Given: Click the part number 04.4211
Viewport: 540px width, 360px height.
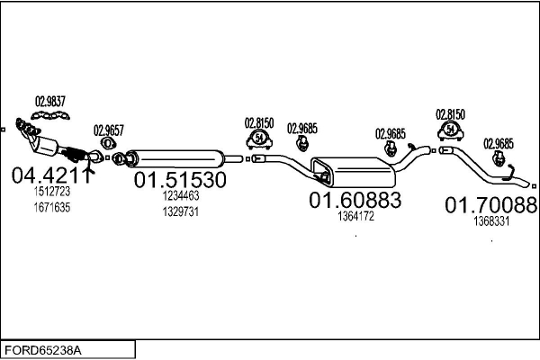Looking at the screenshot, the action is coord(52,175).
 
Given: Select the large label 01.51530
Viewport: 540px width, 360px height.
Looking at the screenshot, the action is coord(180,180).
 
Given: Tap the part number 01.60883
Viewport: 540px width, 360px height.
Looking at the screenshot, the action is coord(355,200).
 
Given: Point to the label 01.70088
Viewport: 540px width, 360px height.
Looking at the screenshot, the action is coord(491,205).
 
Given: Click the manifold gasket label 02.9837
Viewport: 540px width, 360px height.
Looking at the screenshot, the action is coord(50,102).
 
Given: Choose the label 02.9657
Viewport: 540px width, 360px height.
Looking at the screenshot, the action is coord(109,130).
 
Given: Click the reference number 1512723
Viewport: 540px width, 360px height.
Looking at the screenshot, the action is coord(52,191).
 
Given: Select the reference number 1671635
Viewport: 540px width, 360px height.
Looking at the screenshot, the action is coord(52,207).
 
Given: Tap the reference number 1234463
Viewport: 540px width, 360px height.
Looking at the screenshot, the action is coord(181,195).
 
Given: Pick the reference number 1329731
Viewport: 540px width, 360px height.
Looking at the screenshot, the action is coord(181,211).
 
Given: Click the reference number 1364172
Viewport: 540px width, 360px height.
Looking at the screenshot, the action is coord(355,216).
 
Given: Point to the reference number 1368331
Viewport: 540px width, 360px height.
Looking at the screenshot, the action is coord(491,221).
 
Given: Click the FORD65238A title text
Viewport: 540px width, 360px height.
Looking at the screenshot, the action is coord(43,350).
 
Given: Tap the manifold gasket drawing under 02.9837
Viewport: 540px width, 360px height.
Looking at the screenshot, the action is coord(50,115).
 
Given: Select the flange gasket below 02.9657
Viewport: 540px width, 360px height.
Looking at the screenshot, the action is coord(108,142).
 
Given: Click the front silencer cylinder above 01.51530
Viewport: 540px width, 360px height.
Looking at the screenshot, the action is coord(175,158).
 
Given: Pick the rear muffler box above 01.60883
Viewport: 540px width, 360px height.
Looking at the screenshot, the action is coord(353,172).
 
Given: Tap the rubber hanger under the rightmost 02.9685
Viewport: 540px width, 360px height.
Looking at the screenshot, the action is coord(499,158).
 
